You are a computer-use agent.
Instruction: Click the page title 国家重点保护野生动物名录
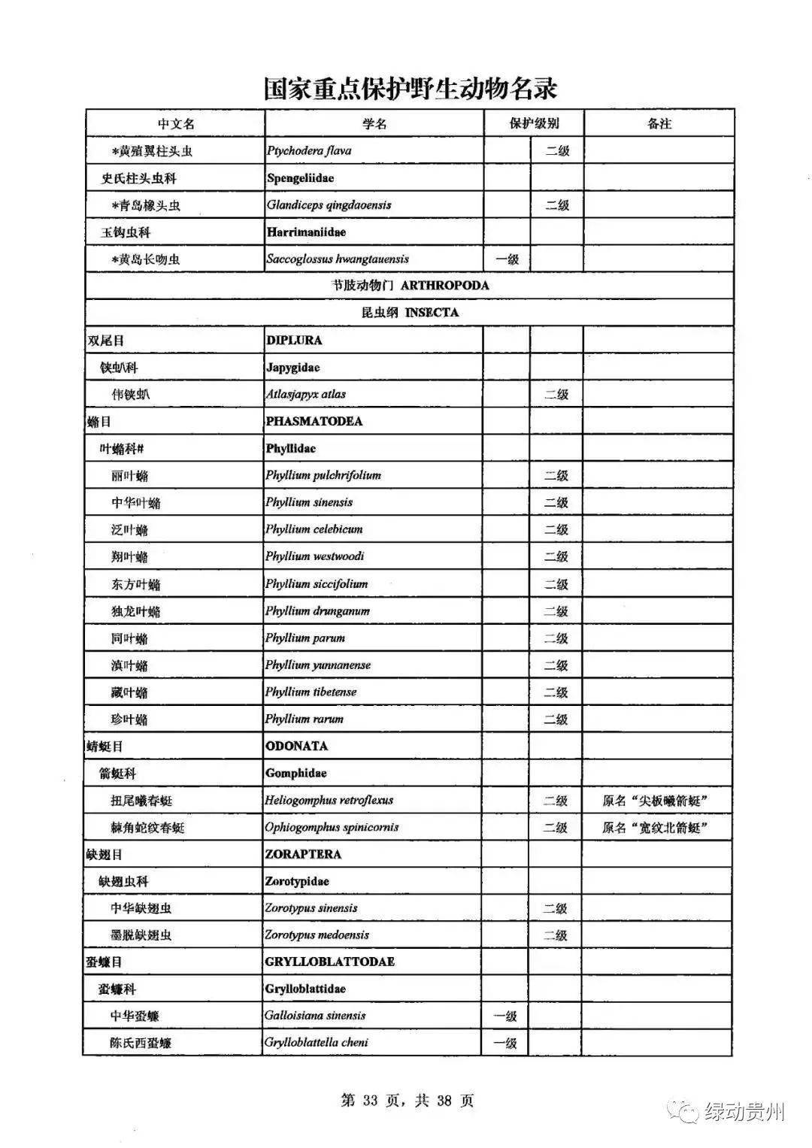410,89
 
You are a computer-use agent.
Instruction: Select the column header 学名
374,124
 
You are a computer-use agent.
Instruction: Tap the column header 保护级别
534,124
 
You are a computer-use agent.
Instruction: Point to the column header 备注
659,124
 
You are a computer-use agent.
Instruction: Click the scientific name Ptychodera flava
309,151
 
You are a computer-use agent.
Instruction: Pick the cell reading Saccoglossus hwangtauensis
338,259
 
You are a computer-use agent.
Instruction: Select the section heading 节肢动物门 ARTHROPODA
410,286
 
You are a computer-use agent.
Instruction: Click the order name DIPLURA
294,341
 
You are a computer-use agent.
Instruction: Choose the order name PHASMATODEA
314,422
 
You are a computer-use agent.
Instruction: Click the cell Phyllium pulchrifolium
323,476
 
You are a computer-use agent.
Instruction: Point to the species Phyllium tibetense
311,692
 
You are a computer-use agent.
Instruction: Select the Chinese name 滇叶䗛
129,665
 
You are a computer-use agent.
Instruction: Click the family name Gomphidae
295,774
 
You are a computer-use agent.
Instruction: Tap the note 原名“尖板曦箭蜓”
656,801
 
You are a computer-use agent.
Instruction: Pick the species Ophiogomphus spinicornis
332,828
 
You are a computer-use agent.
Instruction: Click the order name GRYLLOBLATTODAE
329,962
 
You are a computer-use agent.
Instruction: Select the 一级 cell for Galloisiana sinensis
505,1016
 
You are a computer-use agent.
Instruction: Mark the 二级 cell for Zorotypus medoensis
556,935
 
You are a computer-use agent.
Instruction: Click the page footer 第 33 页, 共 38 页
408,1101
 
